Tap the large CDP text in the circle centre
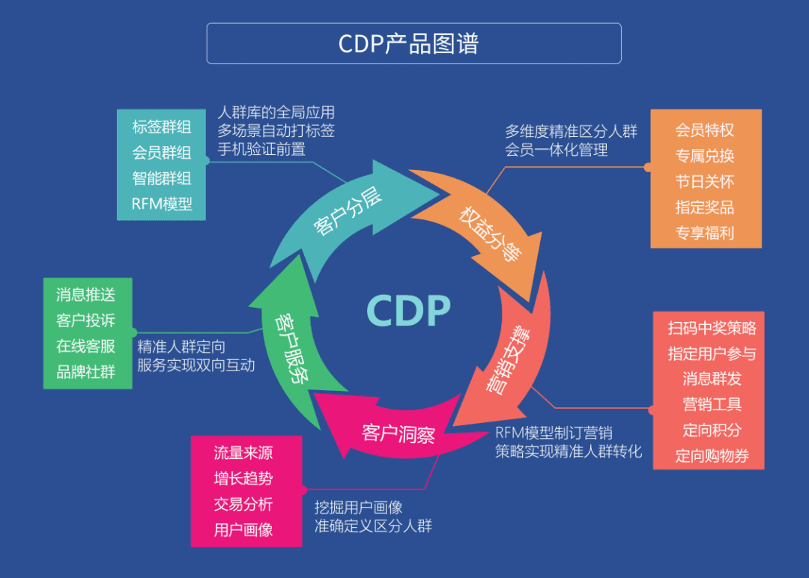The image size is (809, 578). pyautogui.click(x=409, y=311)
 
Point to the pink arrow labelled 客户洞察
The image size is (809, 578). pyautogui.click(x=398, y=433)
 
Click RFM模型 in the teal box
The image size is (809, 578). pyautogui.click(x=162, y=204)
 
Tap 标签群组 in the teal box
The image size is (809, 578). pyautogui.click(x=162, y=127)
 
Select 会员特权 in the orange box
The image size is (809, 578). pyautogui.click(x=704, y=130)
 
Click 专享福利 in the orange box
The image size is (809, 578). pyautogui.click(x=704, y=232)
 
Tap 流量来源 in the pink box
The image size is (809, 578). pyautogui.click(x=243, y=452)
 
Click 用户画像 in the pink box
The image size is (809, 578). pyautogui.click(x=243, y=529)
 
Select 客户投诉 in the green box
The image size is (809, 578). pyautogui.click(x=86, y=320)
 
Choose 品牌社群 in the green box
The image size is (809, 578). pyautogui.click(x=86, y=371)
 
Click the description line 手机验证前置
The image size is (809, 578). pyautogui.click(x=261, y=148)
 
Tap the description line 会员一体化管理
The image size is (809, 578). pyautogui.click(x=556, y=150)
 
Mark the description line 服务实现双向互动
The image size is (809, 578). pyautogui.click(x=196, y=365)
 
